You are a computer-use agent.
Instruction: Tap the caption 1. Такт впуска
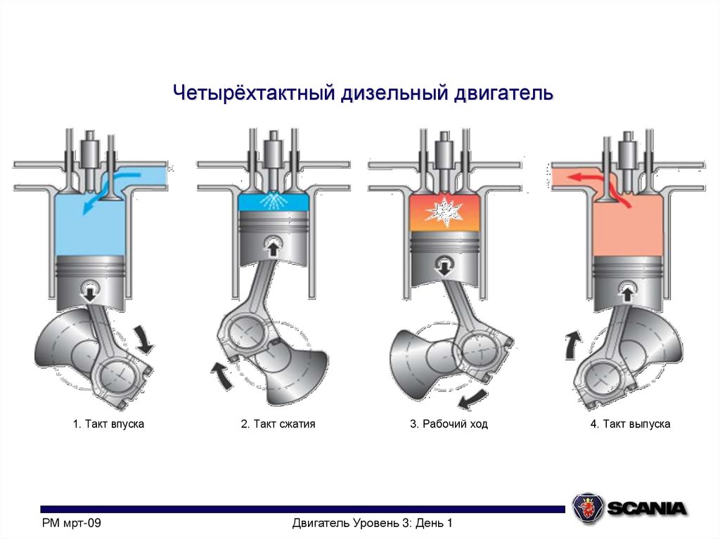tap(108, 424)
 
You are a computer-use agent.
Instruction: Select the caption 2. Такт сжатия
tap(278, 424)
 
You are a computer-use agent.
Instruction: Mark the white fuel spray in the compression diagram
tap(272, 202)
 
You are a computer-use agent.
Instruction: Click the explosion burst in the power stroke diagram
tap(443, 209)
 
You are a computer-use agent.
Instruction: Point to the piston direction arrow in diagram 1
tap(90, 289)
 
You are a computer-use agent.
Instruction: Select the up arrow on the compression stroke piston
tap(272, 246)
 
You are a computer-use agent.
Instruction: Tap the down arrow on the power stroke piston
tap(443, 265)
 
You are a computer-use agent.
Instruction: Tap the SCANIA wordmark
tap(647, 508)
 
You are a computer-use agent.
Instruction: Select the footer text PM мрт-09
tap(72, 524)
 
